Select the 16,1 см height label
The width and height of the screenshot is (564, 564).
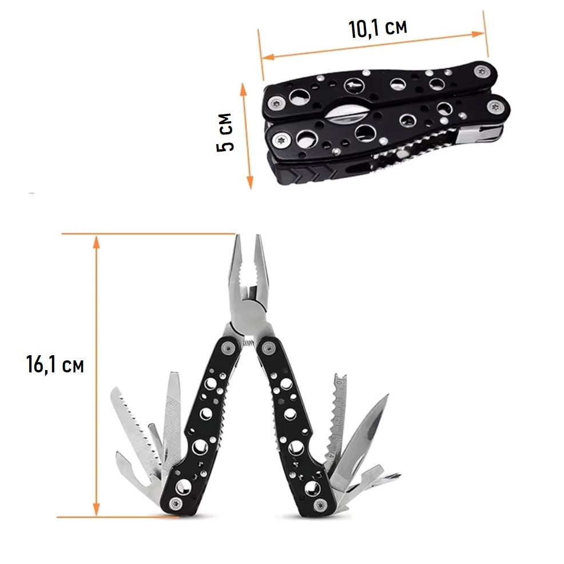tap(55, 364)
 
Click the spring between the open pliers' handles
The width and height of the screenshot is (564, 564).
tap(248, 344)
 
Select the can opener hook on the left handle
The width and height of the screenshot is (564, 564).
tap(127, 464)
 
